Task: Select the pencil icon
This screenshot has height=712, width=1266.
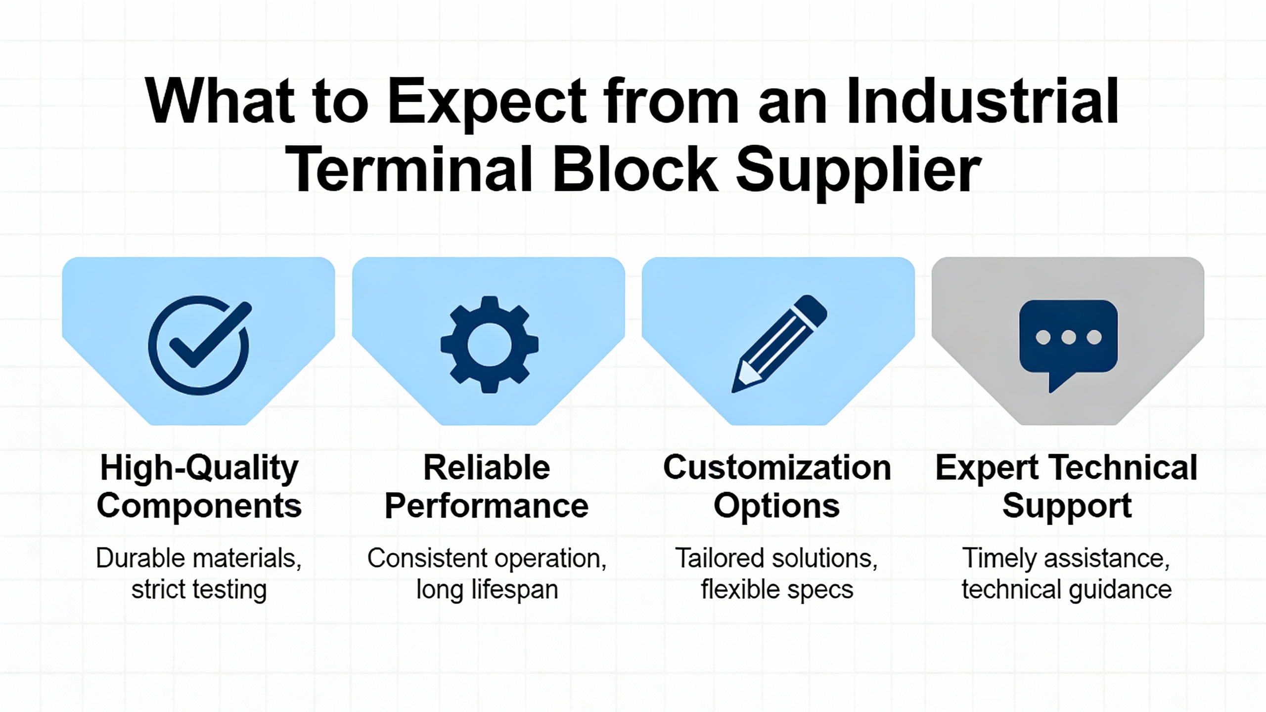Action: tap(779, 344)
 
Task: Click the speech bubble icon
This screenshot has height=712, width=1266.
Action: tap(1068, 346)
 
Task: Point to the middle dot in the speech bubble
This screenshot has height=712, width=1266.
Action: tap(1068, 338)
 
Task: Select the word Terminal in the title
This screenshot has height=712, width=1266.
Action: tap(408, 169)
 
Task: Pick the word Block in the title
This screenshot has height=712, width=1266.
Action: tap(634, 169)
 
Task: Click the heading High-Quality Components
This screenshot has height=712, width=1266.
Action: tap(199, 487)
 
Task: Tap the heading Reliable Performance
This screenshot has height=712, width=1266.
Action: tap(487, 487)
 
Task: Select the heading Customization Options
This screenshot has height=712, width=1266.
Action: tap(777, 487)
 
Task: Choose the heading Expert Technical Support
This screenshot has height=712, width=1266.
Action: tap(1067, 487)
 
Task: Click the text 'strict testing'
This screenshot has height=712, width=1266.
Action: tap(199, 589)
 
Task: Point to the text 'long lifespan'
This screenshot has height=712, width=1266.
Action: tap(487, 589)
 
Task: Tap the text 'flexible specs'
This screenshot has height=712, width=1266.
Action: tap(777, 589)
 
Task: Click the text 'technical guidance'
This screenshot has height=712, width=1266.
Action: tap(1067, 589)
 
